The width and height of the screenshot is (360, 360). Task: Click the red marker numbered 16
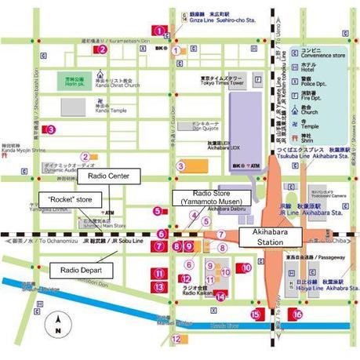click(x=296, y=314)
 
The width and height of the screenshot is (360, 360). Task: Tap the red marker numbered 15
click(x=255, y=314)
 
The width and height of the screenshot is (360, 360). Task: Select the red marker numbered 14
click(x=220, y=296)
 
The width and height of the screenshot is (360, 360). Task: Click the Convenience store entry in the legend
click(x=322, y=54)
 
